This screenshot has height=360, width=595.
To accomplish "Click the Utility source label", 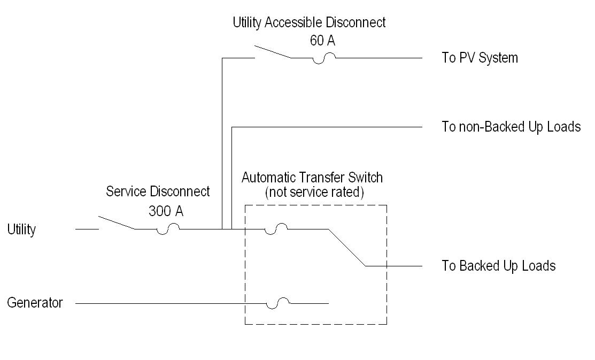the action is point(21,229).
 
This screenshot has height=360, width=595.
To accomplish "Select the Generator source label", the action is point(35,303).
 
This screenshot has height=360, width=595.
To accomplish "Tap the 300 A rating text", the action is point(166,211).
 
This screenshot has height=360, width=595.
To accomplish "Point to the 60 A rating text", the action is point(322,40).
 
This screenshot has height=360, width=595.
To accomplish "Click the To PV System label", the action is point(480,58).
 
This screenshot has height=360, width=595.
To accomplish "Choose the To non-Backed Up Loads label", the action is point(511,127).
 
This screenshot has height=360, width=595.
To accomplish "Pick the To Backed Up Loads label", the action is point(499,266).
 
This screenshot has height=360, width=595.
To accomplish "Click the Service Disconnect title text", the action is point(158,192).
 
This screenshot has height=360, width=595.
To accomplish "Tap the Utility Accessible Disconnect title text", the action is point(310,22).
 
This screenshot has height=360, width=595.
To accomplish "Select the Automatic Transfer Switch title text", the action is point(312,178).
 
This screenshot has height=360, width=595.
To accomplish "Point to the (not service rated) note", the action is point(314,192).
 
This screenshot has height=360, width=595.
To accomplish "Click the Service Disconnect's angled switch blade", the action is point(117,223).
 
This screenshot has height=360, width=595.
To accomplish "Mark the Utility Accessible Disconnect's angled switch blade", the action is point(273,52).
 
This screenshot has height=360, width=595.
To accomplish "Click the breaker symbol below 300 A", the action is point(168,229).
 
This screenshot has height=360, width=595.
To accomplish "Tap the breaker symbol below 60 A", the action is point(324,58).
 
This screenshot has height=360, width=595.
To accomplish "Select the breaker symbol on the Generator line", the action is point(278,303).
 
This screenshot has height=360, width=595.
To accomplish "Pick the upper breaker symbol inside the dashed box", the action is point(276,229).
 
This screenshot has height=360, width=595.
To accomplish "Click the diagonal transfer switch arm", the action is point(347,248).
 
